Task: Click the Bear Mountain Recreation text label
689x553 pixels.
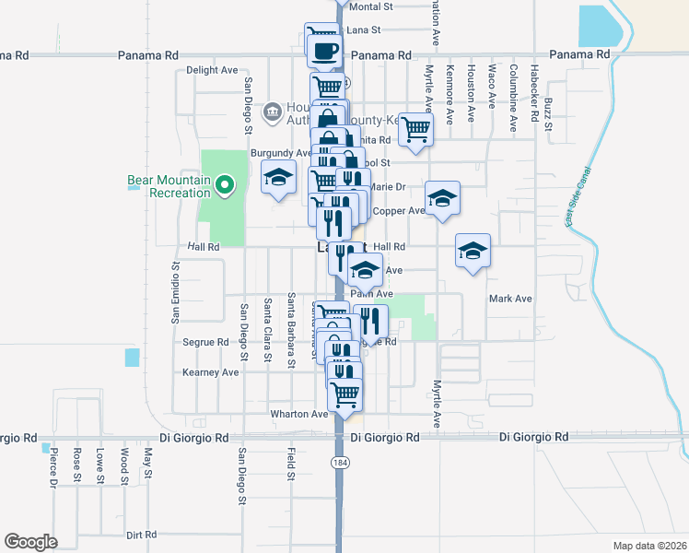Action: (x=169, y=186)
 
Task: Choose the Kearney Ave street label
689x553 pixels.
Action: (x=210, y=372)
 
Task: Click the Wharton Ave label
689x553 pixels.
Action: (x=298, y=414)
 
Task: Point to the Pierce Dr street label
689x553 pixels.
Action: (x=54, y=467)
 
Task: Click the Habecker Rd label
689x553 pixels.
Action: (x=533, y=92)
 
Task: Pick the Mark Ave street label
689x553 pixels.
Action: (x=510, y=299)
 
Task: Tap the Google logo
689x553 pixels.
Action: (x=30, y=542)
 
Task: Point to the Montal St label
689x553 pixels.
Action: (x=372, y=6)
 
